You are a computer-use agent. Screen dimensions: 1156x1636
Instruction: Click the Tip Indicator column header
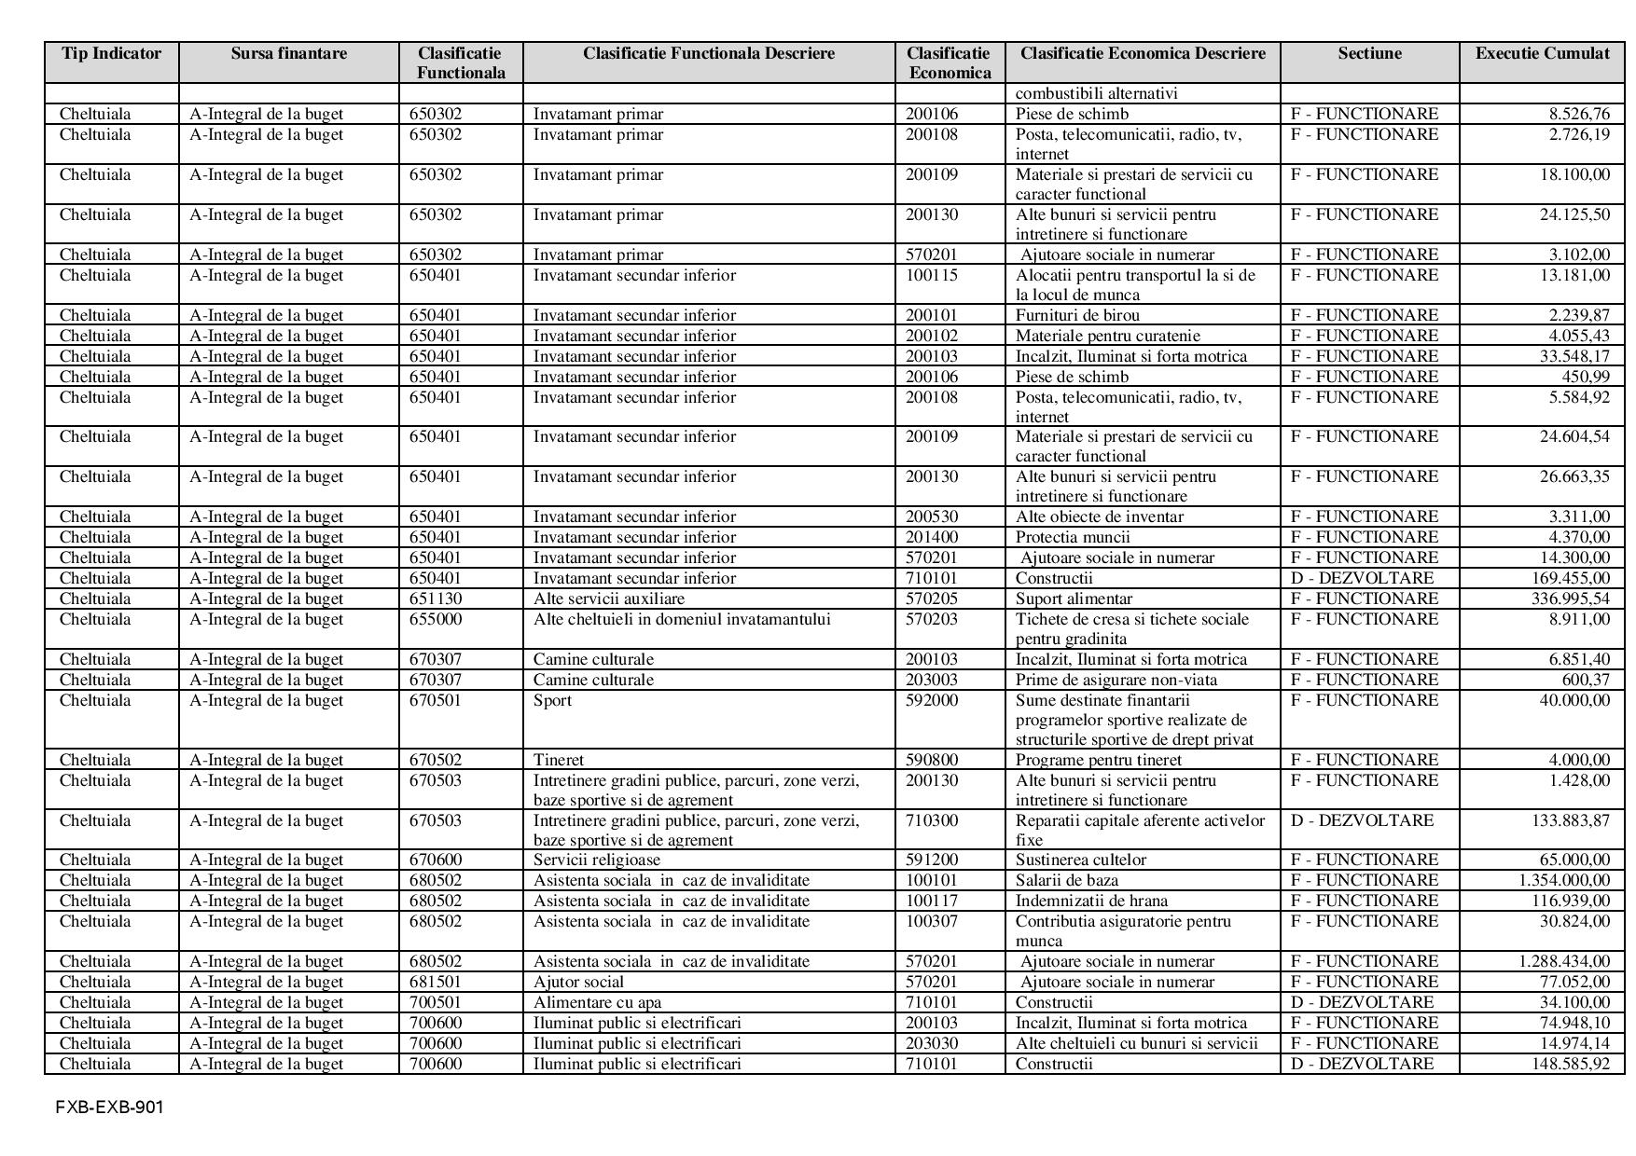(x=112, y=53)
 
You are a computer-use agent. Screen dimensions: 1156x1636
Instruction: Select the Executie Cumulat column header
(x=1542, y=53)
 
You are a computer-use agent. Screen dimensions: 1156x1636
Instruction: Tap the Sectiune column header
(x=1369, y=53)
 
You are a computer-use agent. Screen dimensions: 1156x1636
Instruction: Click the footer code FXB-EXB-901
(x=109, y=1108)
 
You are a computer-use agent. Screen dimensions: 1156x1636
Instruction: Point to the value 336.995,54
(x=1571, y=599)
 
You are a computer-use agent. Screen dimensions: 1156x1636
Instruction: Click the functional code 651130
(x=436, y=599)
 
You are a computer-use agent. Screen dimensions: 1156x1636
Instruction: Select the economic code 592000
(x=932, y=700)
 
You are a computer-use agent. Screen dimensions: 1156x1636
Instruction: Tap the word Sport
(x=552, y=700)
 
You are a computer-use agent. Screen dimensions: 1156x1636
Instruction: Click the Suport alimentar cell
(x=1074, y=599)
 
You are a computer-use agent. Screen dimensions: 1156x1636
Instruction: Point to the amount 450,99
(x=1586, y=377)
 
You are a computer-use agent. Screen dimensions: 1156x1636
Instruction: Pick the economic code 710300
(x=932, y=820)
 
